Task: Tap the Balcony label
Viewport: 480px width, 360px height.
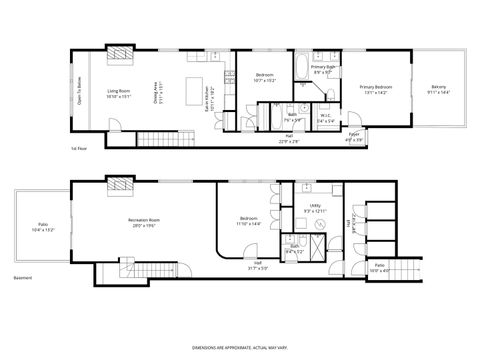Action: [441, 90]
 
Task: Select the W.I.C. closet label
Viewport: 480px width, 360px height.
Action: [325, 116]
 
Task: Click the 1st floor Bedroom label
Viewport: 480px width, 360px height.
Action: [265, 78]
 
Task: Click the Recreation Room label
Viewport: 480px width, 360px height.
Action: [147, 221]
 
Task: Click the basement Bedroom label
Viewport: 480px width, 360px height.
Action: [249, 221]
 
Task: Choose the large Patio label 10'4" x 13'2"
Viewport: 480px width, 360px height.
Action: [43, 227]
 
